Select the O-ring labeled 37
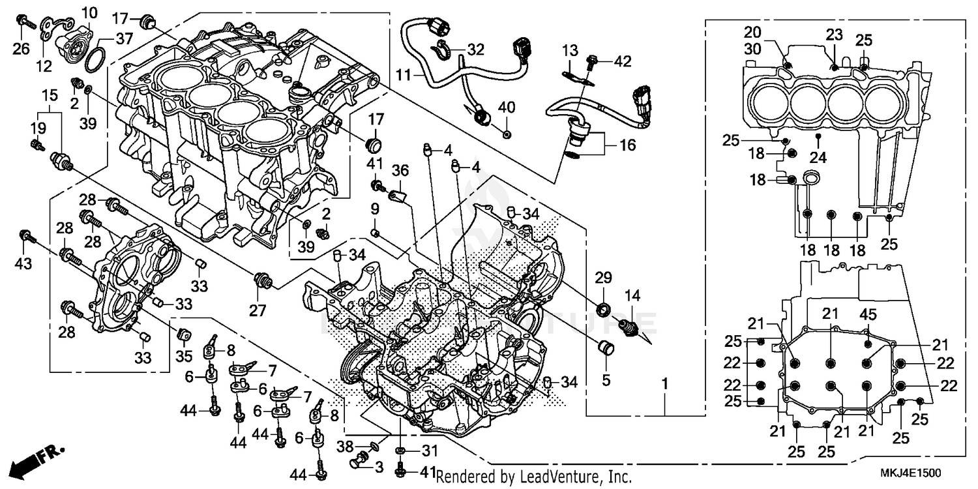pos(95,57)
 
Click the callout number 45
pos(868,314)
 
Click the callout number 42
pos(622,61)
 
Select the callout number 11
pos(405,75)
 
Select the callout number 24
pos(818,156)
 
